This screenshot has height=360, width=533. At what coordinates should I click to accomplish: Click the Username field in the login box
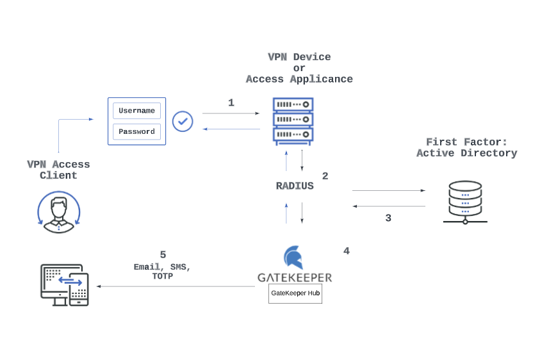point(136,111)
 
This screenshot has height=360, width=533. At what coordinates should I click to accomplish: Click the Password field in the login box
point(136,132)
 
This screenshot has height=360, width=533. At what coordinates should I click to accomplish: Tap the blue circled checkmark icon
point(183,121)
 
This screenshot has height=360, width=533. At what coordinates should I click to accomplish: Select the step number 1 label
point(231,102)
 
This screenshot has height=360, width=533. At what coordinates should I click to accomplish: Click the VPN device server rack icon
point(293,120)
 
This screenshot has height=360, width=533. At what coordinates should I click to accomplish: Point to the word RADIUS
point(295,186)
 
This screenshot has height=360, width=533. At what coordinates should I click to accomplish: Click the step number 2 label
point(325,176)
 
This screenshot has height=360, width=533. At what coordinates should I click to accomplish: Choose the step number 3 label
point(388,218)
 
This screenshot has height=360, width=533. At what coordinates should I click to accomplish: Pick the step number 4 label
point(347,251)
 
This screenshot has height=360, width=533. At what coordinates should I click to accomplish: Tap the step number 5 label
point(163,255)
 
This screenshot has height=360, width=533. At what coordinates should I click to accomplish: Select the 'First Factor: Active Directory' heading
point(466,148)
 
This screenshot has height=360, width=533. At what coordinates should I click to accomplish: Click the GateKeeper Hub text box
point(295,293)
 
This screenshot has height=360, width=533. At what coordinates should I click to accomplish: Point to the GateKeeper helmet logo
point(293,258)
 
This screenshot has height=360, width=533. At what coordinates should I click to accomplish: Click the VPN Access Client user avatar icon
point(59,211)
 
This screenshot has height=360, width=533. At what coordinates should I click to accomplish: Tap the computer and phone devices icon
point(64,284)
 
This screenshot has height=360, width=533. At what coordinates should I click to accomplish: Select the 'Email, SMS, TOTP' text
point(162,272)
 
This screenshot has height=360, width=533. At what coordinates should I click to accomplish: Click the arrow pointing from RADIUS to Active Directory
point(388,190)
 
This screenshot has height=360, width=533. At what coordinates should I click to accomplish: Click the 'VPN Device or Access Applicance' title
point(299,69)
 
